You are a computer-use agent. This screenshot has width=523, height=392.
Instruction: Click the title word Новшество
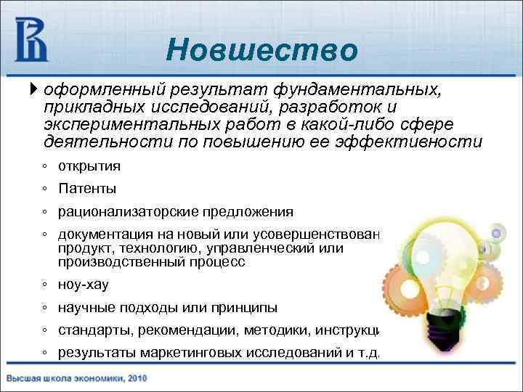point(261,50)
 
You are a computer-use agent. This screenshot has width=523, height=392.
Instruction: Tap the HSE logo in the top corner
point(31,40)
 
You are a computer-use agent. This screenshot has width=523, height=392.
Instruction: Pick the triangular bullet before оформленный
point(34,90)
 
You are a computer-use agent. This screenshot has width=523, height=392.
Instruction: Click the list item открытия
point(89,166)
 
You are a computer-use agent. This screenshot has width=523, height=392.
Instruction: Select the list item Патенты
point(87,189)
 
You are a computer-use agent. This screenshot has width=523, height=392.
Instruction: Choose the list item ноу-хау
point(83,285)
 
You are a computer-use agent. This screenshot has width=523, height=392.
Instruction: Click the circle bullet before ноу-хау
point(45,285)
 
